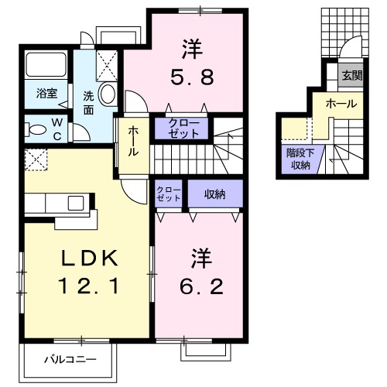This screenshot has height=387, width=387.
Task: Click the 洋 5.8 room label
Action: tap(193, 62)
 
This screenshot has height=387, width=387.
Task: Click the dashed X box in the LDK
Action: tap(36, 161)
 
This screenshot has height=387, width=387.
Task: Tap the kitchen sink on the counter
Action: tap(76, 203)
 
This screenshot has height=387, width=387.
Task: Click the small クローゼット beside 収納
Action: tap(168, 193)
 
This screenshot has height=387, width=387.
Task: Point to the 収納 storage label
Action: tap(214, 193)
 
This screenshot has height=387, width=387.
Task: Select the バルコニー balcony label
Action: tap(70, 359)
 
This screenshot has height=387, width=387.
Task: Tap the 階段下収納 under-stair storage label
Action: tap(299, 158)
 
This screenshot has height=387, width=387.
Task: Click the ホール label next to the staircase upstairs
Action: tap(132, 142)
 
